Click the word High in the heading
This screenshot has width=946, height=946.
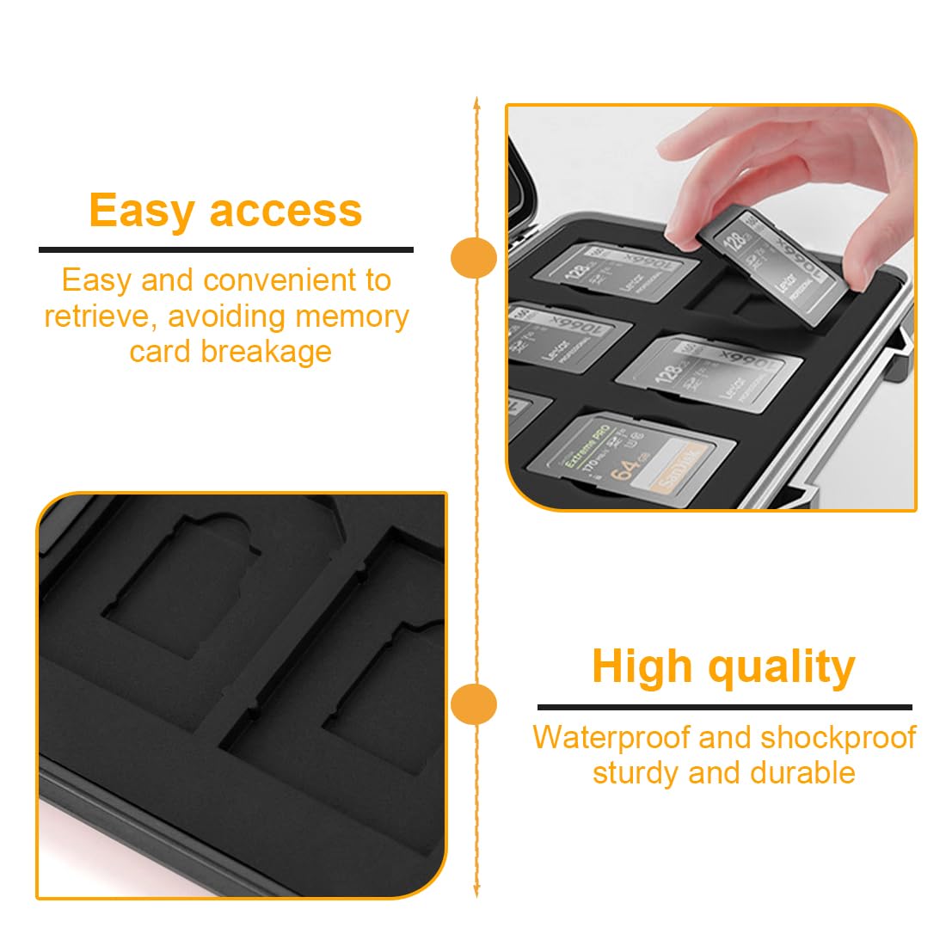(x=642, y=666)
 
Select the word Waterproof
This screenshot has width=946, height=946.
(x=611, y=738)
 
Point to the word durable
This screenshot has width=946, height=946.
(x=803, y=773)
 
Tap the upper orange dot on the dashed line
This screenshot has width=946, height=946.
(x=475, y=257)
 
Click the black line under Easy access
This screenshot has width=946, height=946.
(x=226, y=250)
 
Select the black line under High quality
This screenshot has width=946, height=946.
(x=724, y=707)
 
